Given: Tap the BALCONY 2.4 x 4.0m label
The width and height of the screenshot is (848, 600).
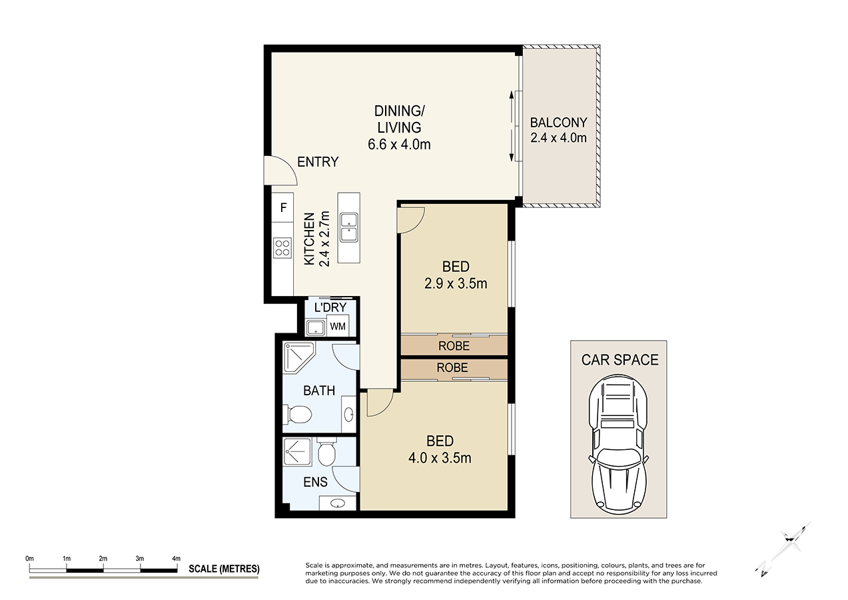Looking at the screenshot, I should point(558,130).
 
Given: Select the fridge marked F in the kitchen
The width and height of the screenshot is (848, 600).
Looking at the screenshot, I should point(283,207).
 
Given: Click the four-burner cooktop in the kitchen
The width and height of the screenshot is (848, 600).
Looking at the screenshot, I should point(282,247).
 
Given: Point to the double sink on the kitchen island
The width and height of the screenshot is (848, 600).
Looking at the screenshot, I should point(348,227).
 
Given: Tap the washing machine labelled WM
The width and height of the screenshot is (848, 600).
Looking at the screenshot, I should point(338,327).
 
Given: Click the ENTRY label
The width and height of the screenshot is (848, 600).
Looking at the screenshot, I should point(318,162).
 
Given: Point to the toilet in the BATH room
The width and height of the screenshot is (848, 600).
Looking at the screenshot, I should point(298,415).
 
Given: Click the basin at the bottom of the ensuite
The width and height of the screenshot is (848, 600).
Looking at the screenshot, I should point(338,503).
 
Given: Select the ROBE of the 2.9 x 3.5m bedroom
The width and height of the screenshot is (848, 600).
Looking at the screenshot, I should point(454,346).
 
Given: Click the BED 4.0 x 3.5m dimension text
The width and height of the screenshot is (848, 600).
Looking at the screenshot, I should point(440,458).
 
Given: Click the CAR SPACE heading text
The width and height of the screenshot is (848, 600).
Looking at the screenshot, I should point(619,360).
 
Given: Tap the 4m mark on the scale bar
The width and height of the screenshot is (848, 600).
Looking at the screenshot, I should point(176,559).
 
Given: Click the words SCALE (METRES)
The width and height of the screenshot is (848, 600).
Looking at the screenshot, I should point(224,569).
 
